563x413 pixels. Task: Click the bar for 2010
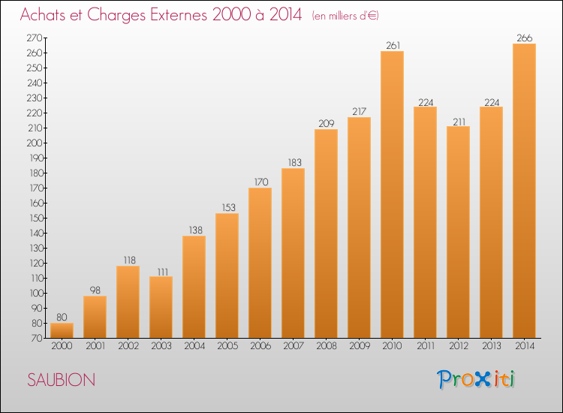(x=392, y=194)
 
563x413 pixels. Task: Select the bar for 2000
(x=62, y=330)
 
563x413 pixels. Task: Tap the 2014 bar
(x=524, y=191)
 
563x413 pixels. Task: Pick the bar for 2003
(x=161, y=307)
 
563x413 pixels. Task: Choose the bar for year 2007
(x=293, y=253)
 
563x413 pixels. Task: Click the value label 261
(x=393, y=46)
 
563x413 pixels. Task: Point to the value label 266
(x=525, y=38)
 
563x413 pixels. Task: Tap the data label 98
(x=95, y=290)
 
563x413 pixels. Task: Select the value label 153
(x=228, y=207)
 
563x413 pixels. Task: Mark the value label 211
(x=459, y=122)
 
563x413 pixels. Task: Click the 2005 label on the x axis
(x=227, y=346)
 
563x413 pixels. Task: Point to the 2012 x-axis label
(x=459, y=346)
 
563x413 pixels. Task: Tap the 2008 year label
(x=327, y=346)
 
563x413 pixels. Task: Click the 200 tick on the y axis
(x=35, y=143)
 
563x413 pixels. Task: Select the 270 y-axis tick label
(x=35, y=38)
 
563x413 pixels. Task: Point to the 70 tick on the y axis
(x=37, y=339)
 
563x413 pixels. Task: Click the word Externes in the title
(x=179, y=15)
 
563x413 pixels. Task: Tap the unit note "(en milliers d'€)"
(x=345, y=16)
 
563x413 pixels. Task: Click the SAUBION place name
(x=62, y=380)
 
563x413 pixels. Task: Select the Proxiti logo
(x=476, y=379)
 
